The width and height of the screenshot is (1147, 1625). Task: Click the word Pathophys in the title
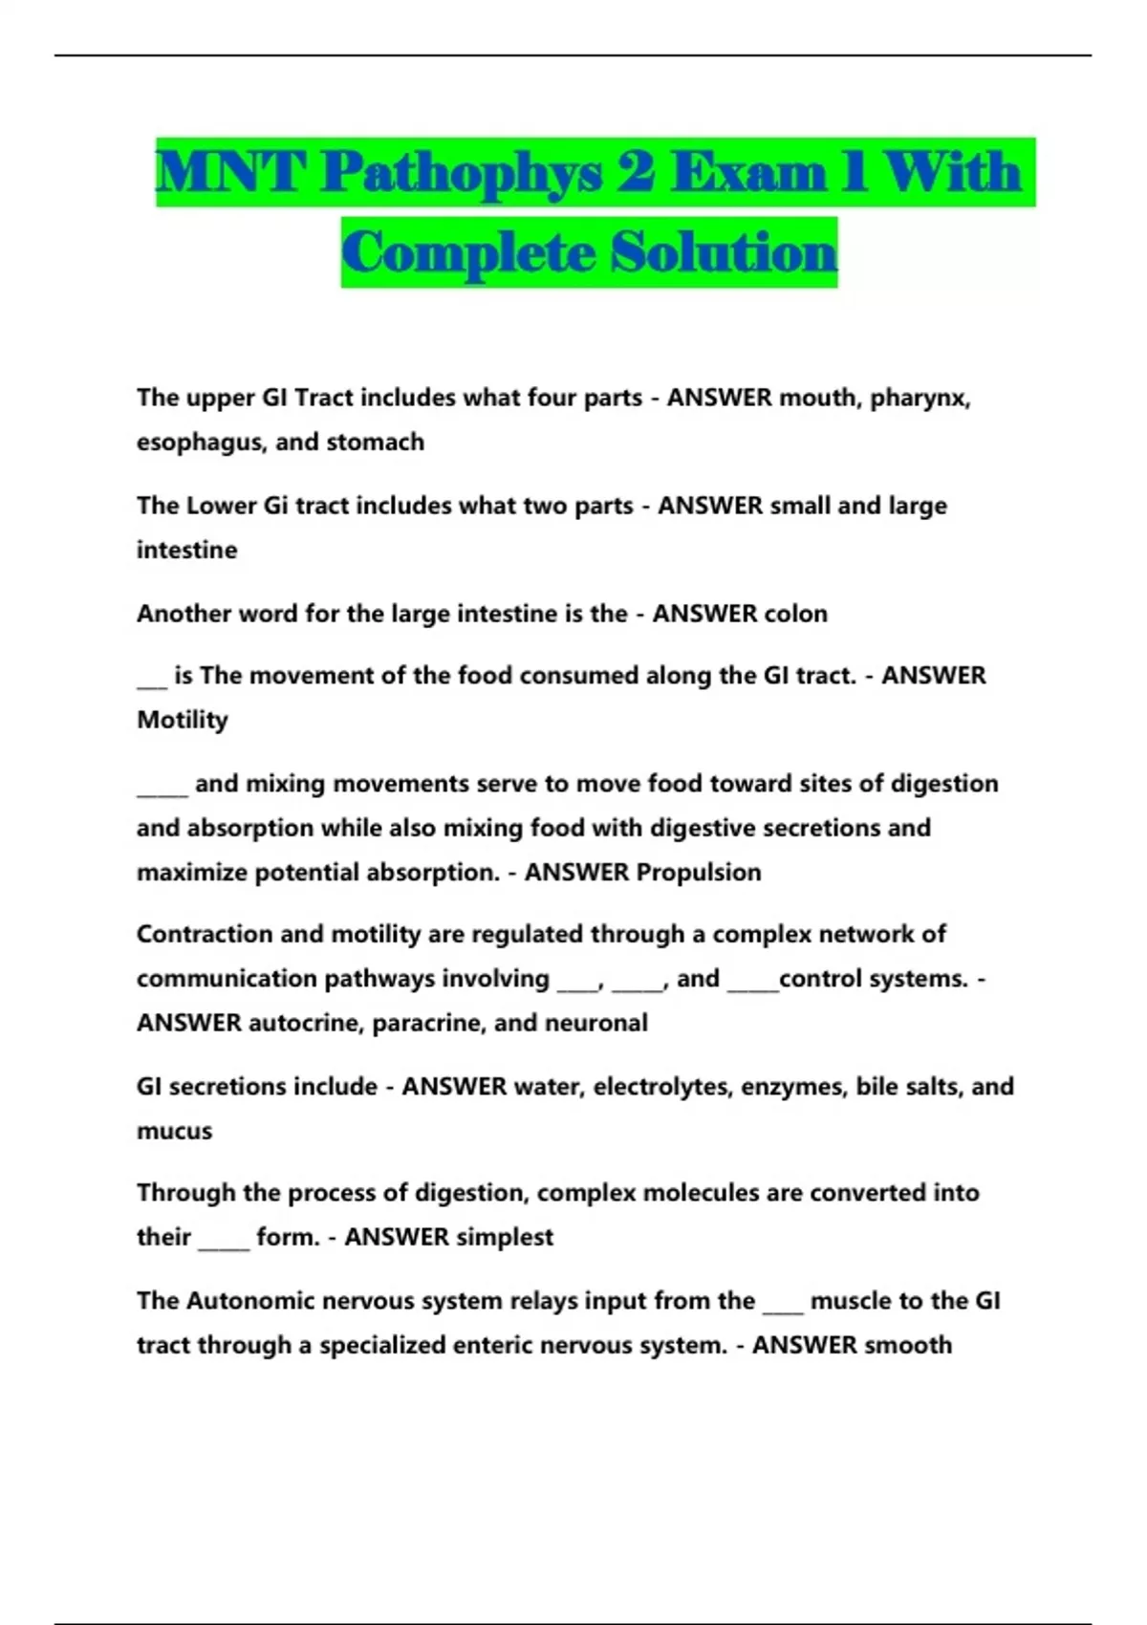coord(461,173)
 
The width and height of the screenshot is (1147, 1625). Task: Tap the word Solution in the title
coord(724,253)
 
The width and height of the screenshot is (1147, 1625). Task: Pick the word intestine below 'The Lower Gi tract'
coord(187,551)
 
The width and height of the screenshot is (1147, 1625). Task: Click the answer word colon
coord(790,614)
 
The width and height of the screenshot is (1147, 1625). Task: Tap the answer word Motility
coord(183,720)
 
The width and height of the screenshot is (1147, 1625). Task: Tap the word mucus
coord(174,1131)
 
